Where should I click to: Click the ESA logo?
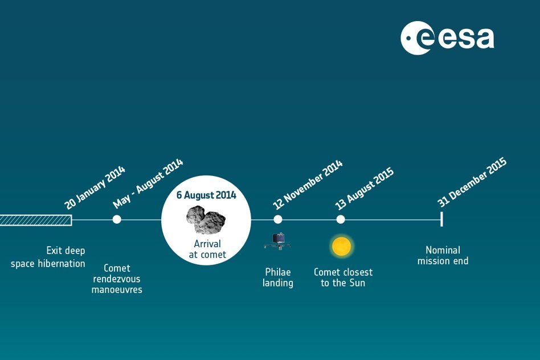[447, 38]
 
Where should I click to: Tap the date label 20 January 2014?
[95, 188]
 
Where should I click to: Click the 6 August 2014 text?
[206, 195]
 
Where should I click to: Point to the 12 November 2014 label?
[308, 185]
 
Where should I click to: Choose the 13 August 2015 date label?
[365, 189]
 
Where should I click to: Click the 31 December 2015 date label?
[472, 182]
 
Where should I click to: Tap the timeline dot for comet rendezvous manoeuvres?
[117, 219]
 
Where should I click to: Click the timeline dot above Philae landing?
[278, 219]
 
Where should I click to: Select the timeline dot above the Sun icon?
[341, 219]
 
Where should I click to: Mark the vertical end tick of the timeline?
[441, 219]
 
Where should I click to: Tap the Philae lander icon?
[278, 241]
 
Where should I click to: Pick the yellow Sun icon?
[342, 246]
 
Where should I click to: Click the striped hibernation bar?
[36, 220]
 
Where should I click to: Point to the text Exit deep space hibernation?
[48, 257]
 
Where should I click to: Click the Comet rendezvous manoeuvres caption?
[117, 279]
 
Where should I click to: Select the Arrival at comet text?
[207, 249]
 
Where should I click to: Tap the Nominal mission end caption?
[443, 255]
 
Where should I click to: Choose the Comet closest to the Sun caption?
[343, 277]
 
